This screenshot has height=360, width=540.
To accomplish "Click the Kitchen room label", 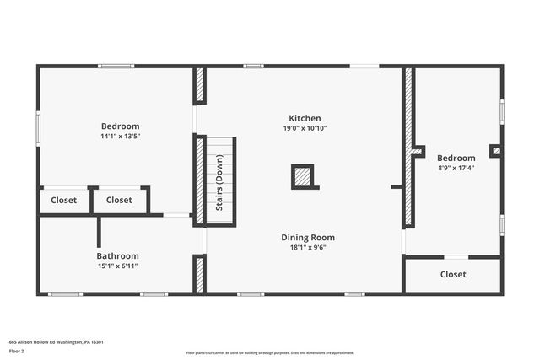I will tap(305, 118).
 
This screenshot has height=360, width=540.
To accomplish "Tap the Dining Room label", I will tap(308, 238).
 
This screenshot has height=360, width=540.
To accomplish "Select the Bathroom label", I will tap(117, 255).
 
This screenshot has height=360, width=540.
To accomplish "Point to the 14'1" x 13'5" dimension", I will tap(120, 136).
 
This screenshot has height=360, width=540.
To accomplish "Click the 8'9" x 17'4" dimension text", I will tap(456, 168).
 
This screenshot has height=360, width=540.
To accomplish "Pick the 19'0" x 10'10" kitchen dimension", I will tap(305, 128).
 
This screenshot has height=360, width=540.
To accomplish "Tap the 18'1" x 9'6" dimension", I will tap(308, 248).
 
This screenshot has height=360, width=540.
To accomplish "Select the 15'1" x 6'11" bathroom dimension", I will tap(117, 266).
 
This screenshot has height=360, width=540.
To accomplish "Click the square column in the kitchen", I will tap(303, 176).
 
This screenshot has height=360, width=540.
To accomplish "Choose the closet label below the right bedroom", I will tap(453, 274).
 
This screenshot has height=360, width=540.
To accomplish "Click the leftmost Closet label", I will tap(63, 200).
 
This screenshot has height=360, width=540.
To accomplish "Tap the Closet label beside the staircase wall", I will tap(119, 200).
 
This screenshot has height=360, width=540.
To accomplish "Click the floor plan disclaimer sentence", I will tap(269, 352).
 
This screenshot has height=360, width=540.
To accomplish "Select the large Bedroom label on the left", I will tap(120, 126).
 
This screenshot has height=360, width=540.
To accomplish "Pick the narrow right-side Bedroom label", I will tap(456, 158).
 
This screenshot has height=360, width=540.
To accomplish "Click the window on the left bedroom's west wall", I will tap(38, 128).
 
